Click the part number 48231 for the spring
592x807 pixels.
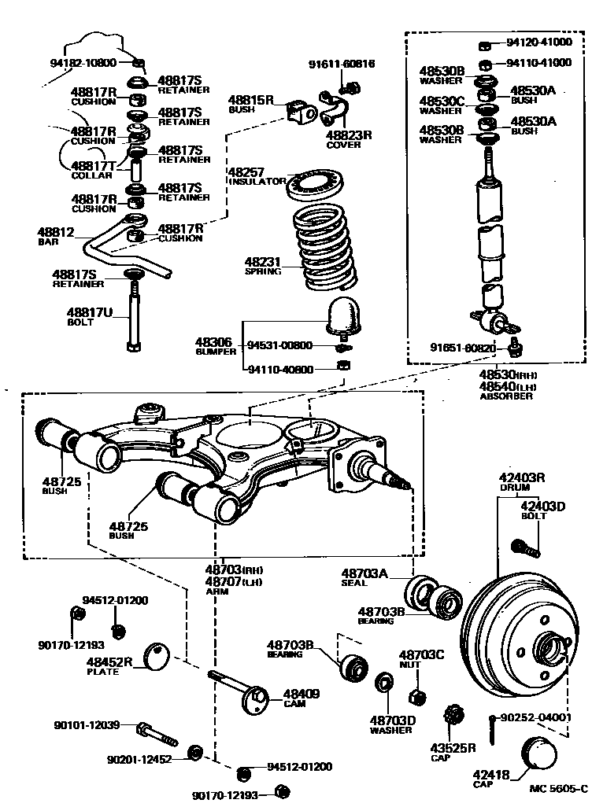pyautogui.click(x=261, y=261)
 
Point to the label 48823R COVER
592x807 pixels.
pyautogui.click(x=348, y=139)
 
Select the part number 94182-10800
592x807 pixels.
pyautogui.click(x=83, y=63)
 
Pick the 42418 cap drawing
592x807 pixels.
pyautogui.click(x=538, y=754)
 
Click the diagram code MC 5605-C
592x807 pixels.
pyautogui.click(x=558, y=788)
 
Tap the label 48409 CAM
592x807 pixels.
pyautogui.click(x=301, y=698)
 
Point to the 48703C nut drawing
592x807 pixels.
pyautogui.click(x=417, y=696)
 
